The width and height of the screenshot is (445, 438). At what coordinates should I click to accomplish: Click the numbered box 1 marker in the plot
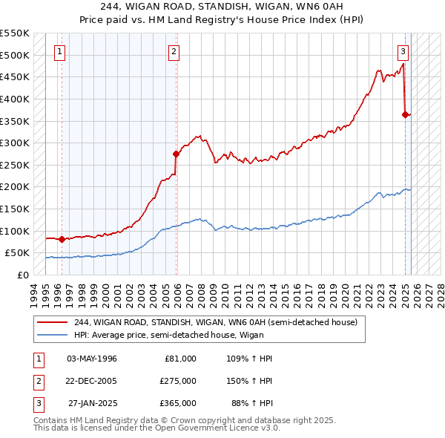click(x=59, y=52)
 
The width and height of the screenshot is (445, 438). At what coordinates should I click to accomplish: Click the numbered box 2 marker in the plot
click(x=173, y=52)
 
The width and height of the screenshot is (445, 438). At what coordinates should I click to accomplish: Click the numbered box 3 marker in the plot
click(x=403, y=52)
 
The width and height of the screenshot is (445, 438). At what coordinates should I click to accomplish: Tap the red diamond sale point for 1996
click(x=62, y=239)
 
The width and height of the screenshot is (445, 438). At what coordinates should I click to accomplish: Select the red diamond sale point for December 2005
click(x=177, y=154)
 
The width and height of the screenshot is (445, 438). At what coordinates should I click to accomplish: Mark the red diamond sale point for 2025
click(x=405, y=114)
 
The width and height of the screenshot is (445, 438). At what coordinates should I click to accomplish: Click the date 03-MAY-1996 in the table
click(x=92, y=359)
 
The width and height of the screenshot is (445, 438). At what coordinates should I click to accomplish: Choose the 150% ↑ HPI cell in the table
click(x=251, y=381)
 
